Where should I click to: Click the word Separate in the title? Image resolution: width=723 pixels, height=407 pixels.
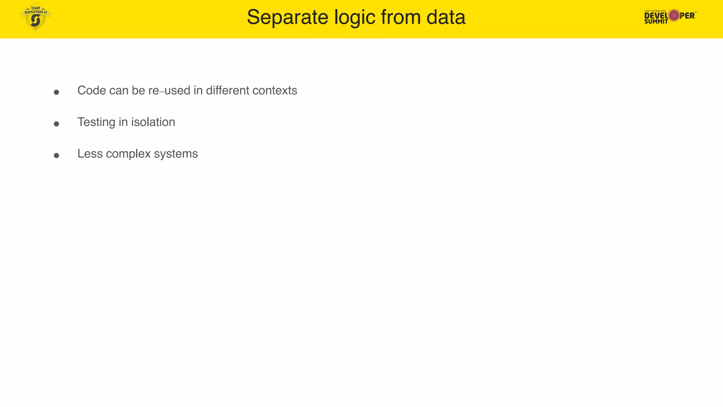287,17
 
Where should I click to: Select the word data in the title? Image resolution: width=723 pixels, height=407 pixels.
446,17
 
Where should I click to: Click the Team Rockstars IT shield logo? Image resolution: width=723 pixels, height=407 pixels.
35,17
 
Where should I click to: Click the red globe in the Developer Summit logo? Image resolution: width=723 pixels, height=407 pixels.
674,15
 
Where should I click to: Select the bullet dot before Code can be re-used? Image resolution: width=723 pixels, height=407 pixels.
56,92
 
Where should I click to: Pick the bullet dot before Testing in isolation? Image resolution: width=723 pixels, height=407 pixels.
56,124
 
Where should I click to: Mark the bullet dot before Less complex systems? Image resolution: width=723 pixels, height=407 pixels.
56,155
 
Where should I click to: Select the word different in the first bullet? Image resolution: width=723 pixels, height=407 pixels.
228,90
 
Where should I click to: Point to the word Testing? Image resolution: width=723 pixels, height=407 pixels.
96,122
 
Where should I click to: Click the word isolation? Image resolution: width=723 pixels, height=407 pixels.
153,122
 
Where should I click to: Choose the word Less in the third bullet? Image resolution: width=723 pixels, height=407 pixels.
90,154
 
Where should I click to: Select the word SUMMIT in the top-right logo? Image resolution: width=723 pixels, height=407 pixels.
656,22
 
